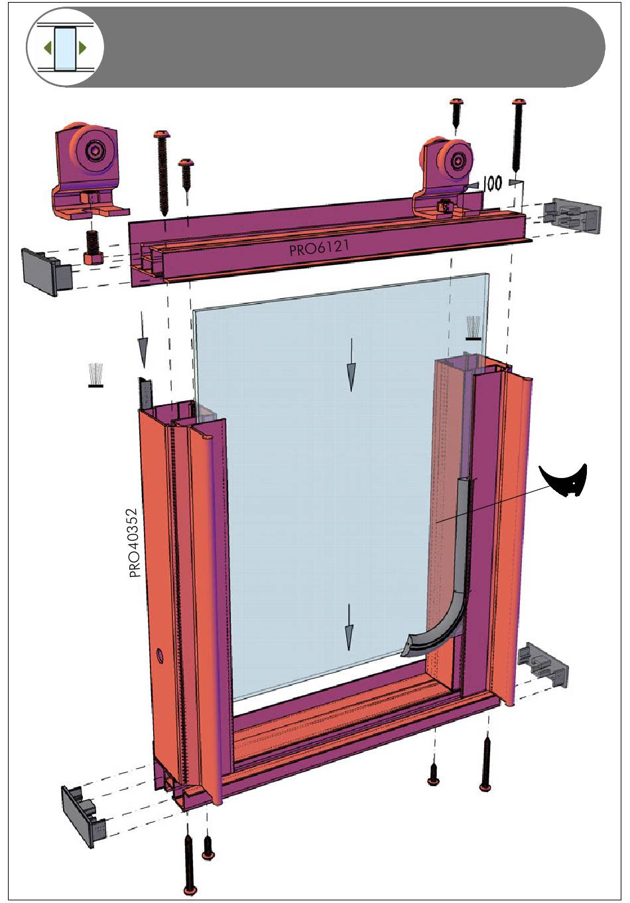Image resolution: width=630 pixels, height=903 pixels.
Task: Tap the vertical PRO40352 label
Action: coord(135,543)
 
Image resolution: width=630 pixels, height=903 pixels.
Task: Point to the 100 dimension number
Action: coord(492,183)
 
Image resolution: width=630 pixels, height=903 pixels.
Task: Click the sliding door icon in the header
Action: coord(65,48)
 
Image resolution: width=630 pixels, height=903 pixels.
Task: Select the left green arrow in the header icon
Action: coord(48,48)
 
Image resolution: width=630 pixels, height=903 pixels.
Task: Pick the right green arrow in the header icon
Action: coord(82,48)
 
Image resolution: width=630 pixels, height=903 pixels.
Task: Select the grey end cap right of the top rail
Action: coord(572,215)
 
